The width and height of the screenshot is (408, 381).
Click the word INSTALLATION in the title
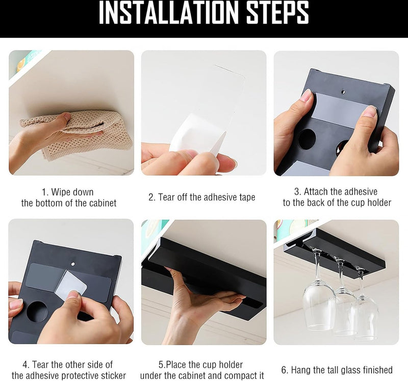169,13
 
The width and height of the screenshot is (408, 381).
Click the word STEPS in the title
277,13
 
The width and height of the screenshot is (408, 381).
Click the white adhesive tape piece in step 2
198,134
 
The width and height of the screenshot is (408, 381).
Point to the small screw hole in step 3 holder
343,92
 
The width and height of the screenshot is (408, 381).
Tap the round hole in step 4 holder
37,312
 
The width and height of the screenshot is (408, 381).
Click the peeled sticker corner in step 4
71,284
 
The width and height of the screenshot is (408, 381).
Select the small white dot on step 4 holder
73,264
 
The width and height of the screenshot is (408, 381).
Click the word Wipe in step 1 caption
61,192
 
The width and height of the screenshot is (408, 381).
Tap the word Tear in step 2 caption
167,197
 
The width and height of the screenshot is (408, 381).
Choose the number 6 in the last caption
284,370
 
